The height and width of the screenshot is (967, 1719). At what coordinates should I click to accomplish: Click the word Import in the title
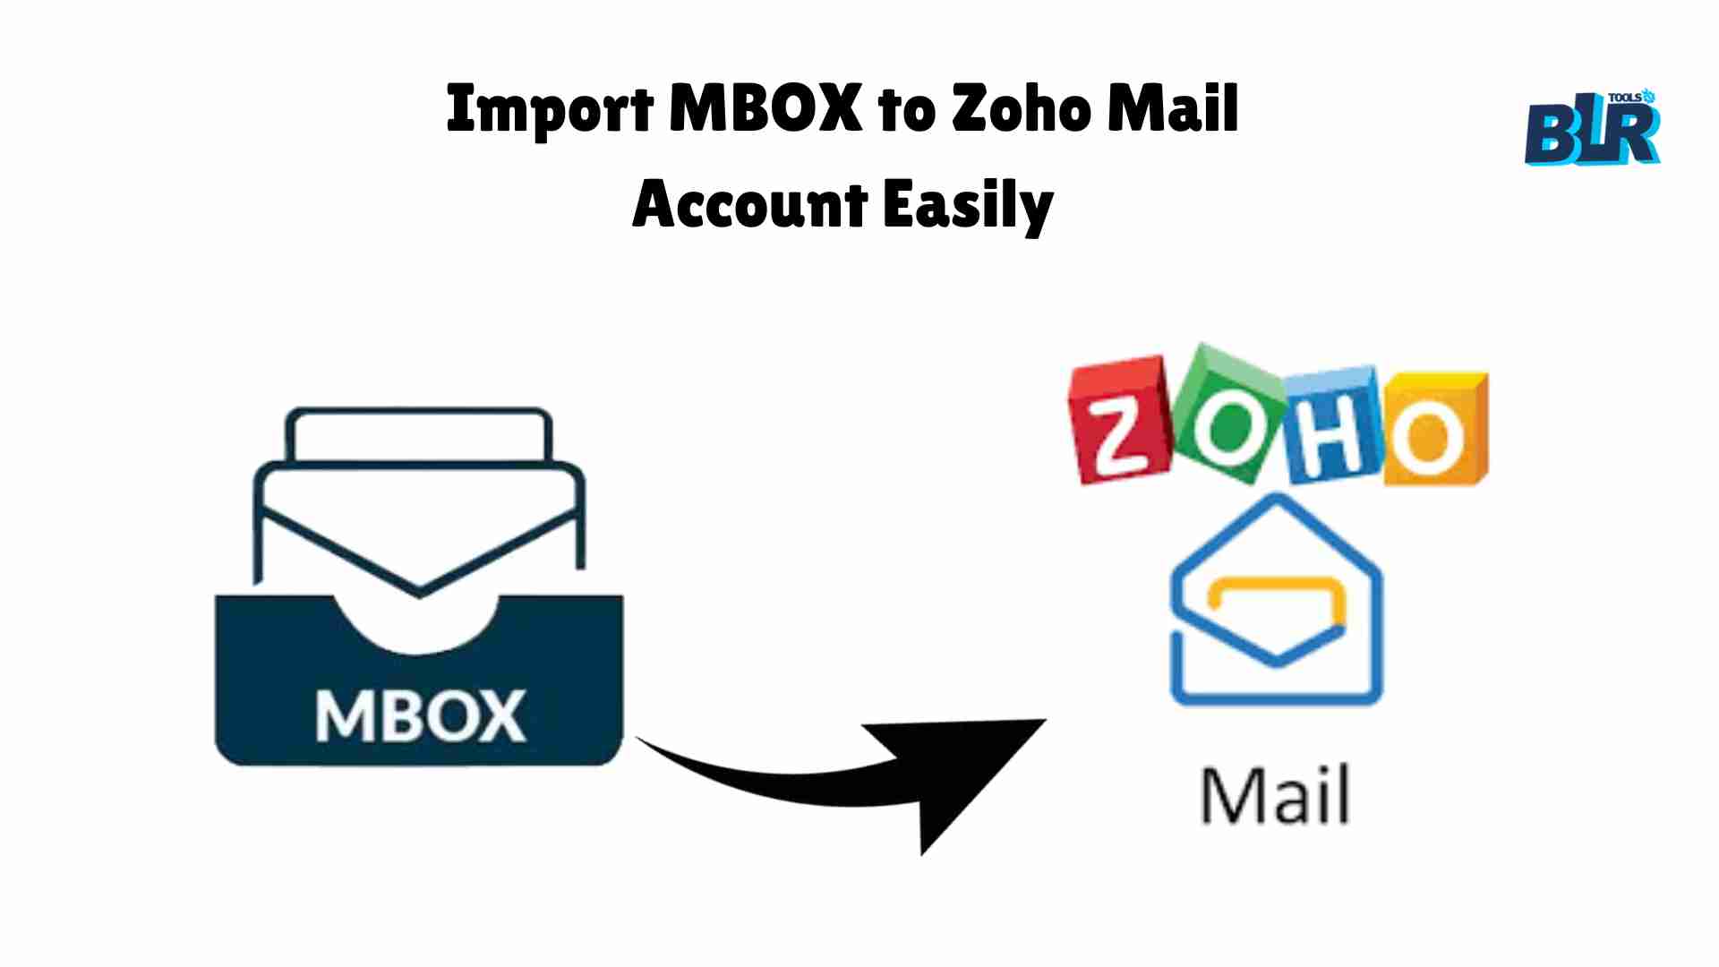[x=551, y=111]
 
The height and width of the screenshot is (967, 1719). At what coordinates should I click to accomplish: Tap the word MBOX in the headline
[x=765, y=108]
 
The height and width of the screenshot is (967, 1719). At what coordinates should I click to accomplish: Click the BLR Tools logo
[x=1594, y=127]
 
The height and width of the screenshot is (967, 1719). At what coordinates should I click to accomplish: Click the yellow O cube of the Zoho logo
[x=1435, y=428]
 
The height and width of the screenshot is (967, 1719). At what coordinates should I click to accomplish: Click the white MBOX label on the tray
[x=420, y=715]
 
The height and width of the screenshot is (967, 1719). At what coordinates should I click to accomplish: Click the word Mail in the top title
[x=1173, y=108]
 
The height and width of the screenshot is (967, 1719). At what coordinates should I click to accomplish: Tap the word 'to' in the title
[x=906, y=113]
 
